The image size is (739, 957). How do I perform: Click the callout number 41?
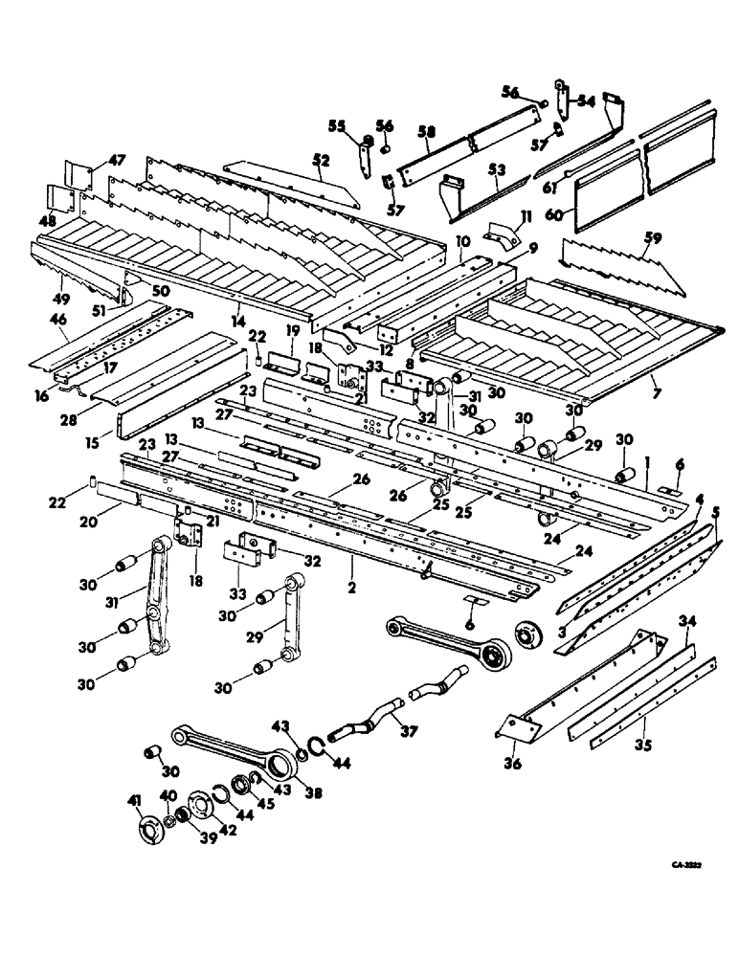(x=133, y=799)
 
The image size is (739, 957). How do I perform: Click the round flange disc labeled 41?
(x=150, y=830)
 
